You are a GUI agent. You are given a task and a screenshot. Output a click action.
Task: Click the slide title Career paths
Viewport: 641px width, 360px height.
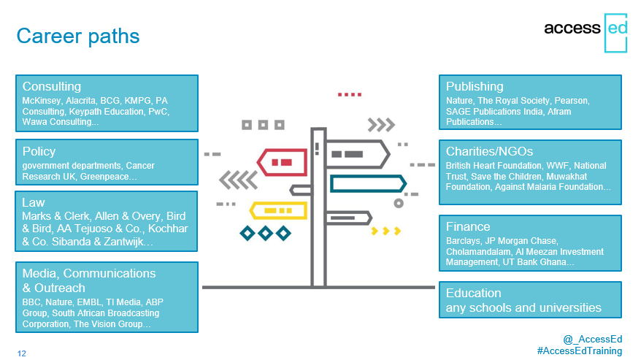point(78,37)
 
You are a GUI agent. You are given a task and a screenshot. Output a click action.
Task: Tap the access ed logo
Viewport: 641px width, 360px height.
point(585,32)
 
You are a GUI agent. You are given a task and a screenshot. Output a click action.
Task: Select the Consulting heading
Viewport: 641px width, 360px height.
point(52,86)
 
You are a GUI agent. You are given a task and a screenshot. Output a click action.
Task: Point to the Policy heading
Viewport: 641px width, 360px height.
point(39,151)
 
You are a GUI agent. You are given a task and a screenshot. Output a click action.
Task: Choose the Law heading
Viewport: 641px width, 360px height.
point(34,202)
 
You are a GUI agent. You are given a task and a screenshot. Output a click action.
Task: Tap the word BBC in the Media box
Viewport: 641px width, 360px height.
point(31,302)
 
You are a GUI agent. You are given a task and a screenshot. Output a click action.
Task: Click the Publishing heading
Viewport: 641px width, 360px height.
point(475,86)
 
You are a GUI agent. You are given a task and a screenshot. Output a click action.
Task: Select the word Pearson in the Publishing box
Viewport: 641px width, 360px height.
point(571,101)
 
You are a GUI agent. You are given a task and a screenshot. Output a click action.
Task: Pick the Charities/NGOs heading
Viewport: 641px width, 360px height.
point(489,151)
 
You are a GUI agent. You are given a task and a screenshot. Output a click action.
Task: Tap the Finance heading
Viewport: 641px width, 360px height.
point(468,226)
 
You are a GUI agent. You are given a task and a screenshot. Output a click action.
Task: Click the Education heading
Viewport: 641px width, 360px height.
point(473,293)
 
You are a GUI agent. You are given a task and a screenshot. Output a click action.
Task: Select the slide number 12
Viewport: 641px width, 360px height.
point(22,353)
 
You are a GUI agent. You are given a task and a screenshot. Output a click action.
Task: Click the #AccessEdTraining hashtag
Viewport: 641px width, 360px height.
point(580,351)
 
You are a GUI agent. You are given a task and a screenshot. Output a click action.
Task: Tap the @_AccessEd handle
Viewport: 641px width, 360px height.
point(593,339)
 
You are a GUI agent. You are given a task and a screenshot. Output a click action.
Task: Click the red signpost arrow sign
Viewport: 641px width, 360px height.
point(282,162)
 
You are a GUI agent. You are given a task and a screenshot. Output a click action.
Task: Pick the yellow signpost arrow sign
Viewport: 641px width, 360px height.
point(278,211)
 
